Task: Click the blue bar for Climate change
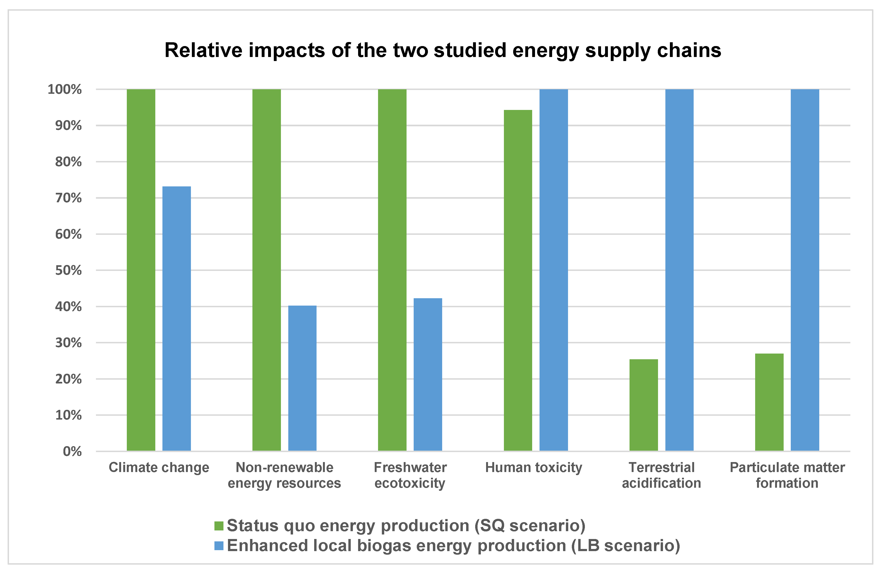coord(177,318)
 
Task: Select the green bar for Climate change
coord(141,270)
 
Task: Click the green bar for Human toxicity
coord(518,280)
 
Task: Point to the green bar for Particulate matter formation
coord(769,402)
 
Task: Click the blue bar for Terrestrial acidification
coord(679,270)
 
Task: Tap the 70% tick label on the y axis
coord(68,198)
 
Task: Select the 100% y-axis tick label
coord(65,89)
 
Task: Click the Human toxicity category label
coord(533,468)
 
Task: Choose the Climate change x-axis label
coord(159,468)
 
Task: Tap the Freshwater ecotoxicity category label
coord(410,475)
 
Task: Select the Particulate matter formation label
coord(787,475)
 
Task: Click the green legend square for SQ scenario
coord(219,526)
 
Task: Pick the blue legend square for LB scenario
coord(219,546)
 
